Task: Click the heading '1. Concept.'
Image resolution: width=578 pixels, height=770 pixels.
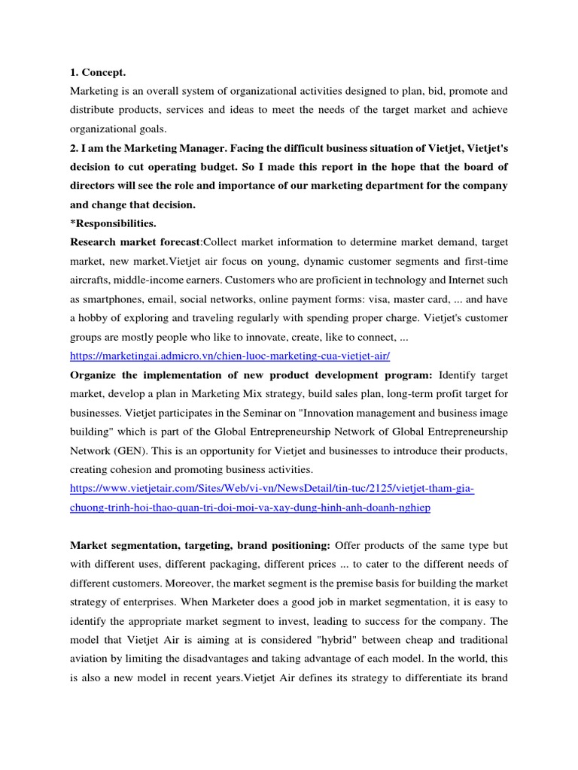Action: [x=98, y=72]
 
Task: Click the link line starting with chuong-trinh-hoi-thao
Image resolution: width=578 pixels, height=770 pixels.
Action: [x=250, y=508]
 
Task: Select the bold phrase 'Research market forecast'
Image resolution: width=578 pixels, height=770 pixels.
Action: [x=135, y=241]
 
